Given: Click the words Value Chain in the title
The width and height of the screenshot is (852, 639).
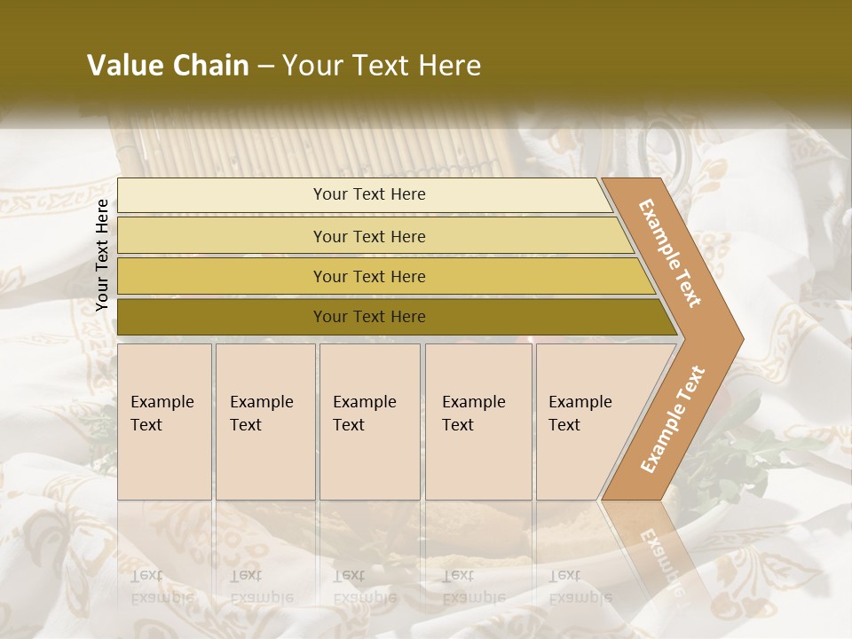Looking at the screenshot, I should [168, 66].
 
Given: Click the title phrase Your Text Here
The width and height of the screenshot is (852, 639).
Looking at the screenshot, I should [382, 66].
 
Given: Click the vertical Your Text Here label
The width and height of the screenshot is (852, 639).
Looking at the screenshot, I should [102, 255].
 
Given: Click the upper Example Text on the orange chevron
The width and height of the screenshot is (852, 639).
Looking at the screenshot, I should [670, 253].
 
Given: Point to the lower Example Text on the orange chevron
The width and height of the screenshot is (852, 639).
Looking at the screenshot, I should [672, 420].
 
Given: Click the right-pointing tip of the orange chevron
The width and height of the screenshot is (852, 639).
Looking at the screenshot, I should [737, 339].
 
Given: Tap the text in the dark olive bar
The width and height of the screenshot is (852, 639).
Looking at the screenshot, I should [369, 317].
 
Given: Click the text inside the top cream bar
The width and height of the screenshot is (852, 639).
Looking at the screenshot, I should [369, 194].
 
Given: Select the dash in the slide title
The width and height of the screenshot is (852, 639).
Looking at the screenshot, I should [265, 66].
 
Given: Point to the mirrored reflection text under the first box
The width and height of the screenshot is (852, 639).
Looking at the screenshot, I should [162, 586].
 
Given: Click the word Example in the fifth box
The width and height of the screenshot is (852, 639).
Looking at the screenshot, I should [580, 402].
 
